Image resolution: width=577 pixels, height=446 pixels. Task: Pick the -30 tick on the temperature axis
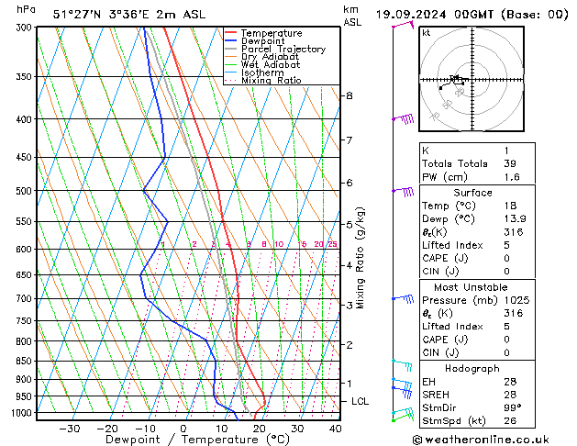tap(69, 428)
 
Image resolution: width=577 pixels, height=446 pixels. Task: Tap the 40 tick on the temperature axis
tap(335, 428)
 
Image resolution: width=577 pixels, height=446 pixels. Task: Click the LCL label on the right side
tap(361, 401)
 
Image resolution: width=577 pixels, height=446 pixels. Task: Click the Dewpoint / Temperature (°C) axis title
tap(184, 440)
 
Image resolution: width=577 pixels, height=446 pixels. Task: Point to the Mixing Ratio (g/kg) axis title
tap(361, 258)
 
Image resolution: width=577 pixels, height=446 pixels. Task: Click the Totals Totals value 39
tap(509, 163)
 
